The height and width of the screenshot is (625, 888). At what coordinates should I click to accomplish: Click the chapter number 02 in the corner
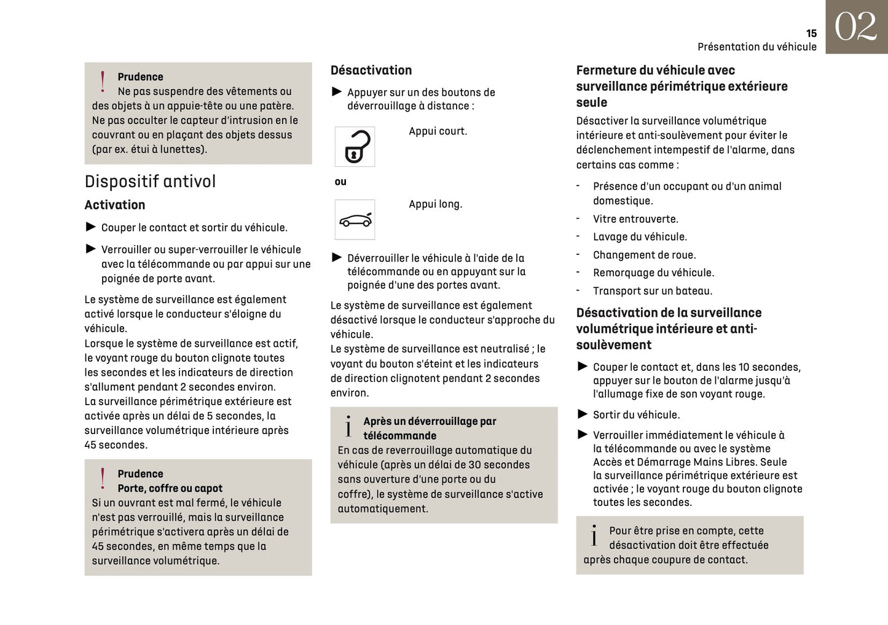855,27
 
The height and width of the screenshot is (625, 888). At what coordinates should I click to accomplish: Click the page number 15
811,34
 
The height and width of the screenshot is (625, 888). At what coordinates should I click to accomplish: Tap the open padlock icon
355,147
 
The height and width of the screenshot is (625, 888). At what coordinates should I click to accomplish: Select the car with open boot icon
355,219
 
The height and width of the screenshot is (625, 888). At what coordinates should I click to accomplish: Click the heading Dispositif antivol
150,182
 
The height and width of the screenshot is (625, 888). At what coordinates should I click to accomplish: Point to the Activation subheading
115,205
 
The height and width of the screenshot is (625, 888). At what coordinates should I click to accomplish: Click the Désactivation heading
371,71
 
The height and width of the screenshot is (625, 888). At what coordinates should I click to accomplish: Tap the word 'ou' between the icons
340,182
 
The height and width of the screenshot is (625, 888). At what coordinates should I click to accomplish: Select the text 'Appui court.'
438,131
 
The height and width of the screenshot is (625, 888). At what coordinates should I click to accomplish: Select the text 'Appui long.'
435,204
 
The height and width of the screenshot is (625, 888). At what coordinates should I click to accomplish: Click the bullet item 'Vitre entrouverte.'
635,219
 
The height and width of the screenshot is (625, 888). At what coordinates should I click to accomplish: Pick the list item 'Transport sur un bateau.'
652,291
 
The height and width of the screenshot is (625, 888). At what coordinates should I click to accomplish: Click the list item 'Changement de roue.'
644,255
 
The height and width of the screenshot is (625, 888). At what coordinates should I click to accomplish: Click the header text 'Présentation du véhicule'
756,47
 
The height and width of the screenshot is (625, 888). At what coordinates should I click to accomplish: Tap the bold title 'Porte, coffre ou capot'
170,489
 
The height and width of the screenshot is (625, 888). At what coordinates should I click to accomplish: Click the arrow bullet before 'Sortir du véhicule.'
583,414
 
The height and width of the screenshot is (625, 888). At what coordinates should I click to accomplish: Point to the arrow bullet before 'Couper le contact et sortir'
91,227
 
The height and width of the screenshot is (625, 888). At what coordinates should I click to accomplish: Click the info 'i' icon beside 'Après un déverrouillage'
348,427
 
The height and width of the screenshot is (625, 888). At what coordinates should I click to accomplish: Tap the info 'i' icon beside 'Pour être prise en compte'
594,536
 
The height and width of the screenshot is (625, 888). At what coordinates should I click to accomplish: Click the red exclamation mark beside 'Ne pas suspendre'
103,82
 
